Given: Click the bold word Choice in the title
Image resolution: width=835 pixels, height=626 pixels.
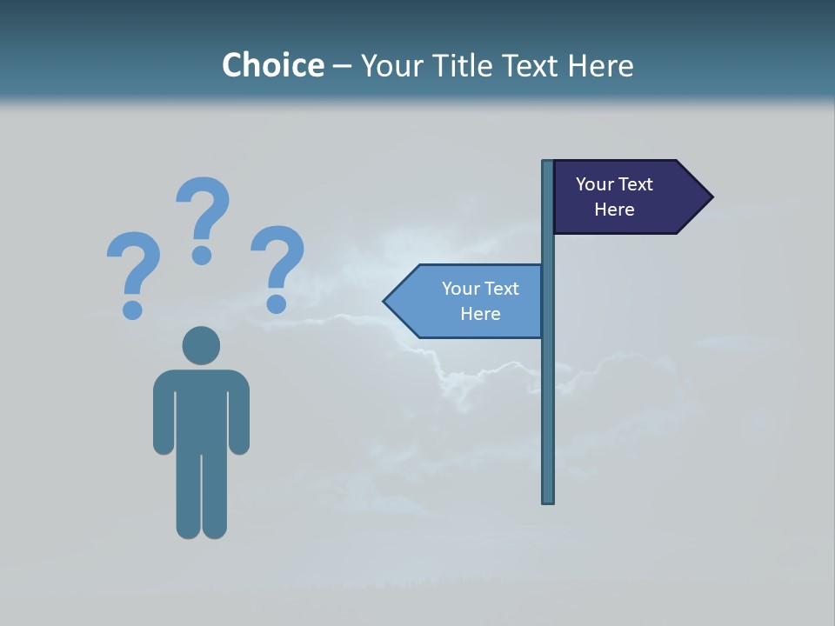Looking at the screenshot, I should tap(272, 65).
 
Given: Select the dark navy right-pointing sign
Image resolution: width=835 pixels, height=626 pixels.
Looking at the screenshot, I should tap(626, 196).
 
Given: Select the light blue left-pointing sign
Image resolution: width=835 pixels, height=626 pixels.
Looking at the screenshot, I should tap(470, 301).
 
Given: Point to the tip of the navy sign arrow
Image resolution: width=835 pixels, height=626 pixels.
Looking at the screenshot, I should tap(711, 196).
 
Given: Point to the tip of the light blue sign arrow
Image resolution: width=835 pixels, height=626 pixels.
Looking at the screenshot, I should tap(385, 302).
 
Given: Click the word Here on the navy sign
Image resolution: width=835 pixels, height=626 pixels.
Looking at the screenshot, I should tap(614, 210).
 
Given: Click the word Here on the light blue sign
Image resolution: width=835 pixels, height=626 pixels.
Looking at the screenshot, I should tap(480, 314).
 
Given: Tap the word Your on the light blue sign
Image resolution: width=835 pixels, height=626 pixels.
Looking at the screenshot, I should tap(461, 289).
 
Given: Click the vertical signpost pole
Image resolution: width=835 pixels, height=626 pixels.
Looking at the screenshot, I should tap(548, 391).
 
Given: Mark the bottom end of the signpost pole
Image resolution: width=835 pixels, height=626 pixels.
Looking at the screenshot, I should tap(548, 501).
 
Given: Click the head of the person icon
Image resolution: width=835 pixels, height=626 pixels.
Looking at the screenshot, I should tap(201, 345).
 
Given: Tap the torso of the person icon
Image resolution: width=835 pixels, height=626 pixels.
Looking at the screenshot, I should tap(201, 409).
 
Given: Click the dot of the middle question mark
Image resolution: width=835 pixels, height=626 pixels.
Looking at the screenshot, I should tap(202, 255).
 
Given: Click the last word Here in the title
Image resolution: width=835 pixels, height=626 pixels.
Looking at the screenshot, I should tap(600, 65).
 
